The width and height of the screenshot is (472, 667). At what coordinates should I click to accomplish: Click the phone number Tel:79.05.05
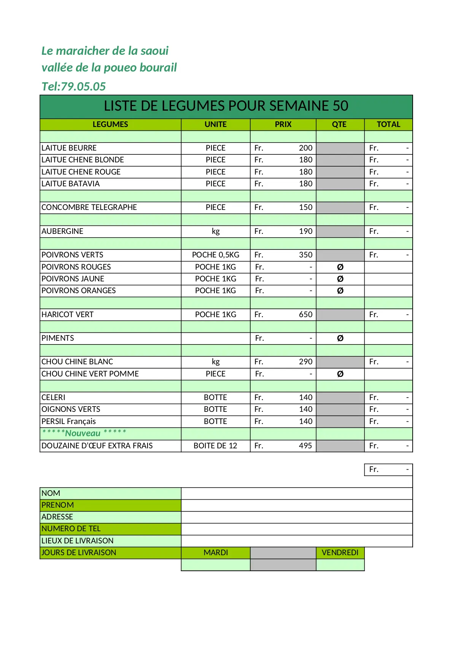73,87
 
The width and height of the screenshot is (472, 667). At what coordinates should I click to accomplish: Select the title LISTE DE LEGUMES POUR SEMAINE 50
226,106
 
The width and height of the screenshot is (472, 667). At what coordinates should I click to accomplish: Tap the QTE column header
339,124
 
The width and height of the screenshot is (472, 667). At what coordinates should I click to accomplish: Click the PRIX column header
283,124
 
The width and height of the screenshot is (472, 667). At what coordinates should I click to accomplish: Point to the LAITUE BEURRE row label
69,148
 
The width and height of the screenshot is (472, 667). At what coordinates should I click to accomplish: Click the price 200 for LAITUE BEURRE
305,148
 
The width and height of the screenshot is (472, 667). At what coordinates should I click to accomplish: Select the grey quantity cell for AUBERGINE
340,231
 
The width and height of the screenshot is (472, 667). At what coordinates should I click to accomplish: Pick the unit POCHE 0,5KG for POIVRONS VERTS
216,255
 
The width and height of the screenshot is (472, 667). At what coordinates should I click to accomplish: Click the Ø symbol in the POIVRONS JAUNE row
340,279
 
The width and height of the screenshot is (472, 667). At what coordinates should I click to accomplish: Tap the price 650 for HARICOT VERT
305,314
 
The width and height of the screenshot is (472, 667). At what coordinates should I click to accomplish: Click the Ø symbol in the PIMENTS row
340,338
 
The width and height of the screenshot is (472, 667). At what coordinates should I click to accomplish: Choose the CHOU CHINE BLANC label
77,362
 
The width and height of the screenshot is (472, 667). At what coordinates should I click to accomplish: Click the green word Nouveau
83,433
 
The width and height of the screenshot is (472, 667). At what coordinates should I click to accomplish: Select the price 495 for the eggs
305,446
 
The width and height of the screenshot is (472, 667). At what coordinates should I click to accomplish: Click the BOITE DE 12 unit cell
215,446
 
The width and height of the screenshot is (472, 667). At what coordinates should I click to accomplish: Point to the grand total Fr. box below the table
388,470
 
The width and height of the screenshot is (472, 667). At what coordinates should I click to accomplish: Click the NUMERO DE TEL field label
71,529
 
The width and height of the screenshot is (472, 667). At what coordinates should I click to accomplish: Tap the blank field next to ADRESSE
297,517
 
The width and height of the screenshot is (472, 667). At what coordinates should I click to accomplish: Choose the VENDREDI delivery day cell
340,553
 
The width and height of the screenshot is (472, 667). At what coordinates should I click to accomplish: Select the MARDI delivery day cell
216,553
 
